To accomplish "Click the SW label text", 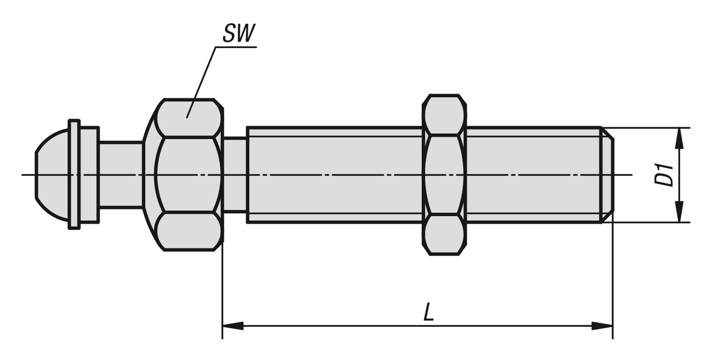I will coord(238,34).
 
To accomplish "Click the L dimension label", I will coord(428,313).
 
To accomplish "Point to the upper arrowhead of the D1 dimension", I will coord(679,137).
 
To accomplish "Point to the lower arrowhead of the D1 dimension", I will coord(679,212).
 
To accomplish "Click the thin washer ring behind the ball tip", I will coord(74,175).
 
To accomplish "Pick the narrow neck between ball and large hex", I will coord(120,175).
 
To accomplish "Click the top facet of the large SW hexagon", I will coord(188,117).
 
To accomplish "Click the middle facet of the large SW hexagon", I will coord(188,175).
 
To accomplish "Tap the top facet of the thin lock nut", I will coord(444,115).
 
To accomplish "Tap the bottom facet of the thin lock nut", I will coord(444,236).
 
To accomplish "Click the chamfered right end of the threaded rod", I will coord(607,175).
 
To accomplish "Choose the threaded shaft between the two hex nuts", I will coord(335,175).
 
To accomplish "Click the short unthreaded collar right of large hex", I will coord(235,175).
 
